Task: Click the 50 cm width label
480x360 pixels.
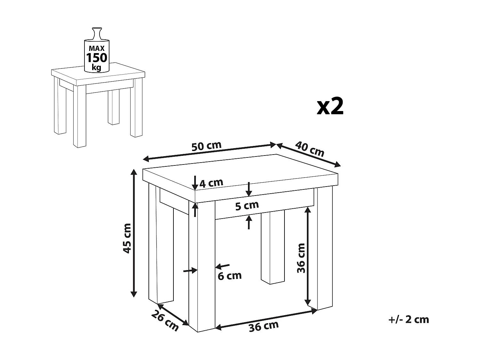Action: coord(206,146)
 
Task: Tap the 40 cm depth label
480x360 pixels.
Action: coord(309,148)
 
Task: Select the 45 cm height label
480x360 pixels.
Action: coord(127,238)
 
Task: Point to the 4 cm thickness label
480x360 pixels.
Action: coord(211,183)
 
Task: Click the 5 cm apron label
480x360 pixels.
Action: coord(247,205)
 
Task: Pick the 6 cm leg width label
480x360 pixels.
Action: coord(229,276)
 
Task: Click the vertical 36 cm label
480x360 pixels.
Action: coord(301,258)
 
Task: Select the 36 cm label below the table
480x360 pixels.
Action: coord(264,326)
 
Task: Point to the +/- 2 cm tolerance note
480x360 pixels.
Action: coord(409,319)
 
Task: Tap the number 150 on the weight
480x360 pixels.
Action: coord(97,58)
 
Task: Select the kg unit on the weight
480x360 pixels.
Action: coord(96,67)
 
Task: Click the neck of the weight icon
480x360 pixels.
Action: coord(96,34)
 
